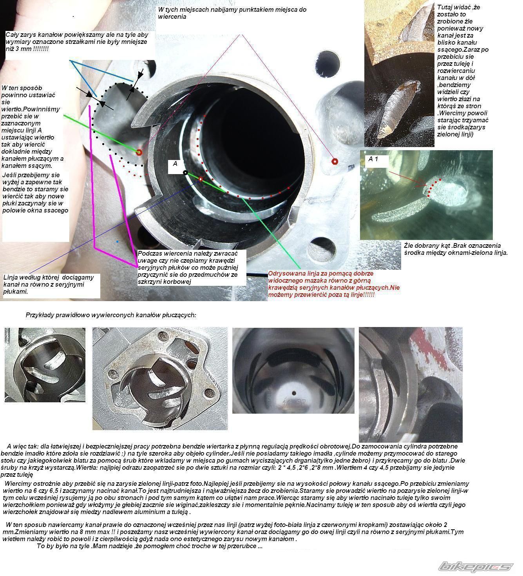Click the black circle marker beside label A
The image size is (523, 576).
tap(185, 173)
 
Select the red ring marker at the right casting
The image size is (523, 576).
tap(335, 161)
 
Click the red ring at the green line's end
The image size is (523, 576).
tap(139, 152)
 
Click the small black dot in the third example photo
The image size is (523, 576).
tap(293, 393)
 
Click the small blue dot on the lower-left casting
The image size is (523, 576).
tap(118, 242)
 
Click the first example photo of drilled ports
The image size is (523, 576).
tap(45, 365)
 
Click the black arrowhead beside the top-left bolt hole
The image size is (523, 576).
tap(140, 74)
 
